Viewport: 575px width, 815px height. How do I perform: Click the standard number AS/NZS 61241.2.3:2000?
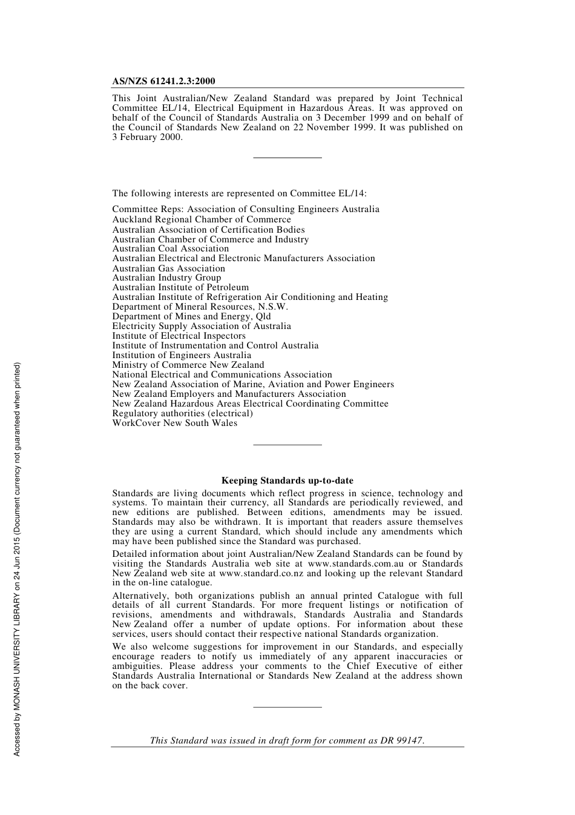[x=163, y=81]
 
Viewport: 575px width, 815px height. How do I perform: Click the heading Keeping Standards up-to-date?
[x=287, y=481]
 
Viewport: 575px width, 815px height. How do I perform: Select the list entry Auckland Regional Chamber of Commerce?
[x=202, y=219]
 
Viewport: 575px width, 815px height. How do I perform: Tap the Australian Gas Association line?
[x=168, y=268]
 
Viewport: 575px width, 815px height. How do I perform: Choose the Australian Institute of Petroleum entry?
[x=180, y=287]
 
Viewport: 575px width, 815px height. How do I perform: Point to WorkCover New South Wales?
[x=174, y=423]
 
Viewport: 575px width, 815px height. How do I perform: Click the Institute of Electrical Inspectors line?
[x=179, y=336]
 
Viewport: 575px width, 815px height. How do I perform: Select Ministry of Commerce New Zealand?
[x=188, y=365]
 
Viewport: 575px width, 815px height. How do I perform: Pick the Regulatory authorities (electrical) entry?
[x=182, y=413]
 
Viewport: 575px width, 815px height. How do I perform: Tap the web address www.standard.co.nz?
[x=261, y=573]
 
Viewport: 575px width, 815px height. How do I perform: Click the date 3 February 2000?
[x=147, y=137]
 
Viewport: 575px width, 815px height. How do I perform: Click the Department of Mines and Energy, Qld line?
[x=191, y=316]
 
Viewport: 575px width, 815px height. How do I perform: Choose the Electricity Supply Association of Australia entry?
[x=202, y=326]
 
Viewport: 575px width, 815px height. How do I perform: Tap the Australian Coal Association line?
[x=171, y=248]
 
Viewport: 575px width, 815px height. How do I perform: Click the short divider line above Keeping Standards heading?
[x=287, y=445]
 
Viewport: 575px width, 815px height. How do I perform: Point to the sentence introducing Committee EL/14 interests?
[x=239, y=193]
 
